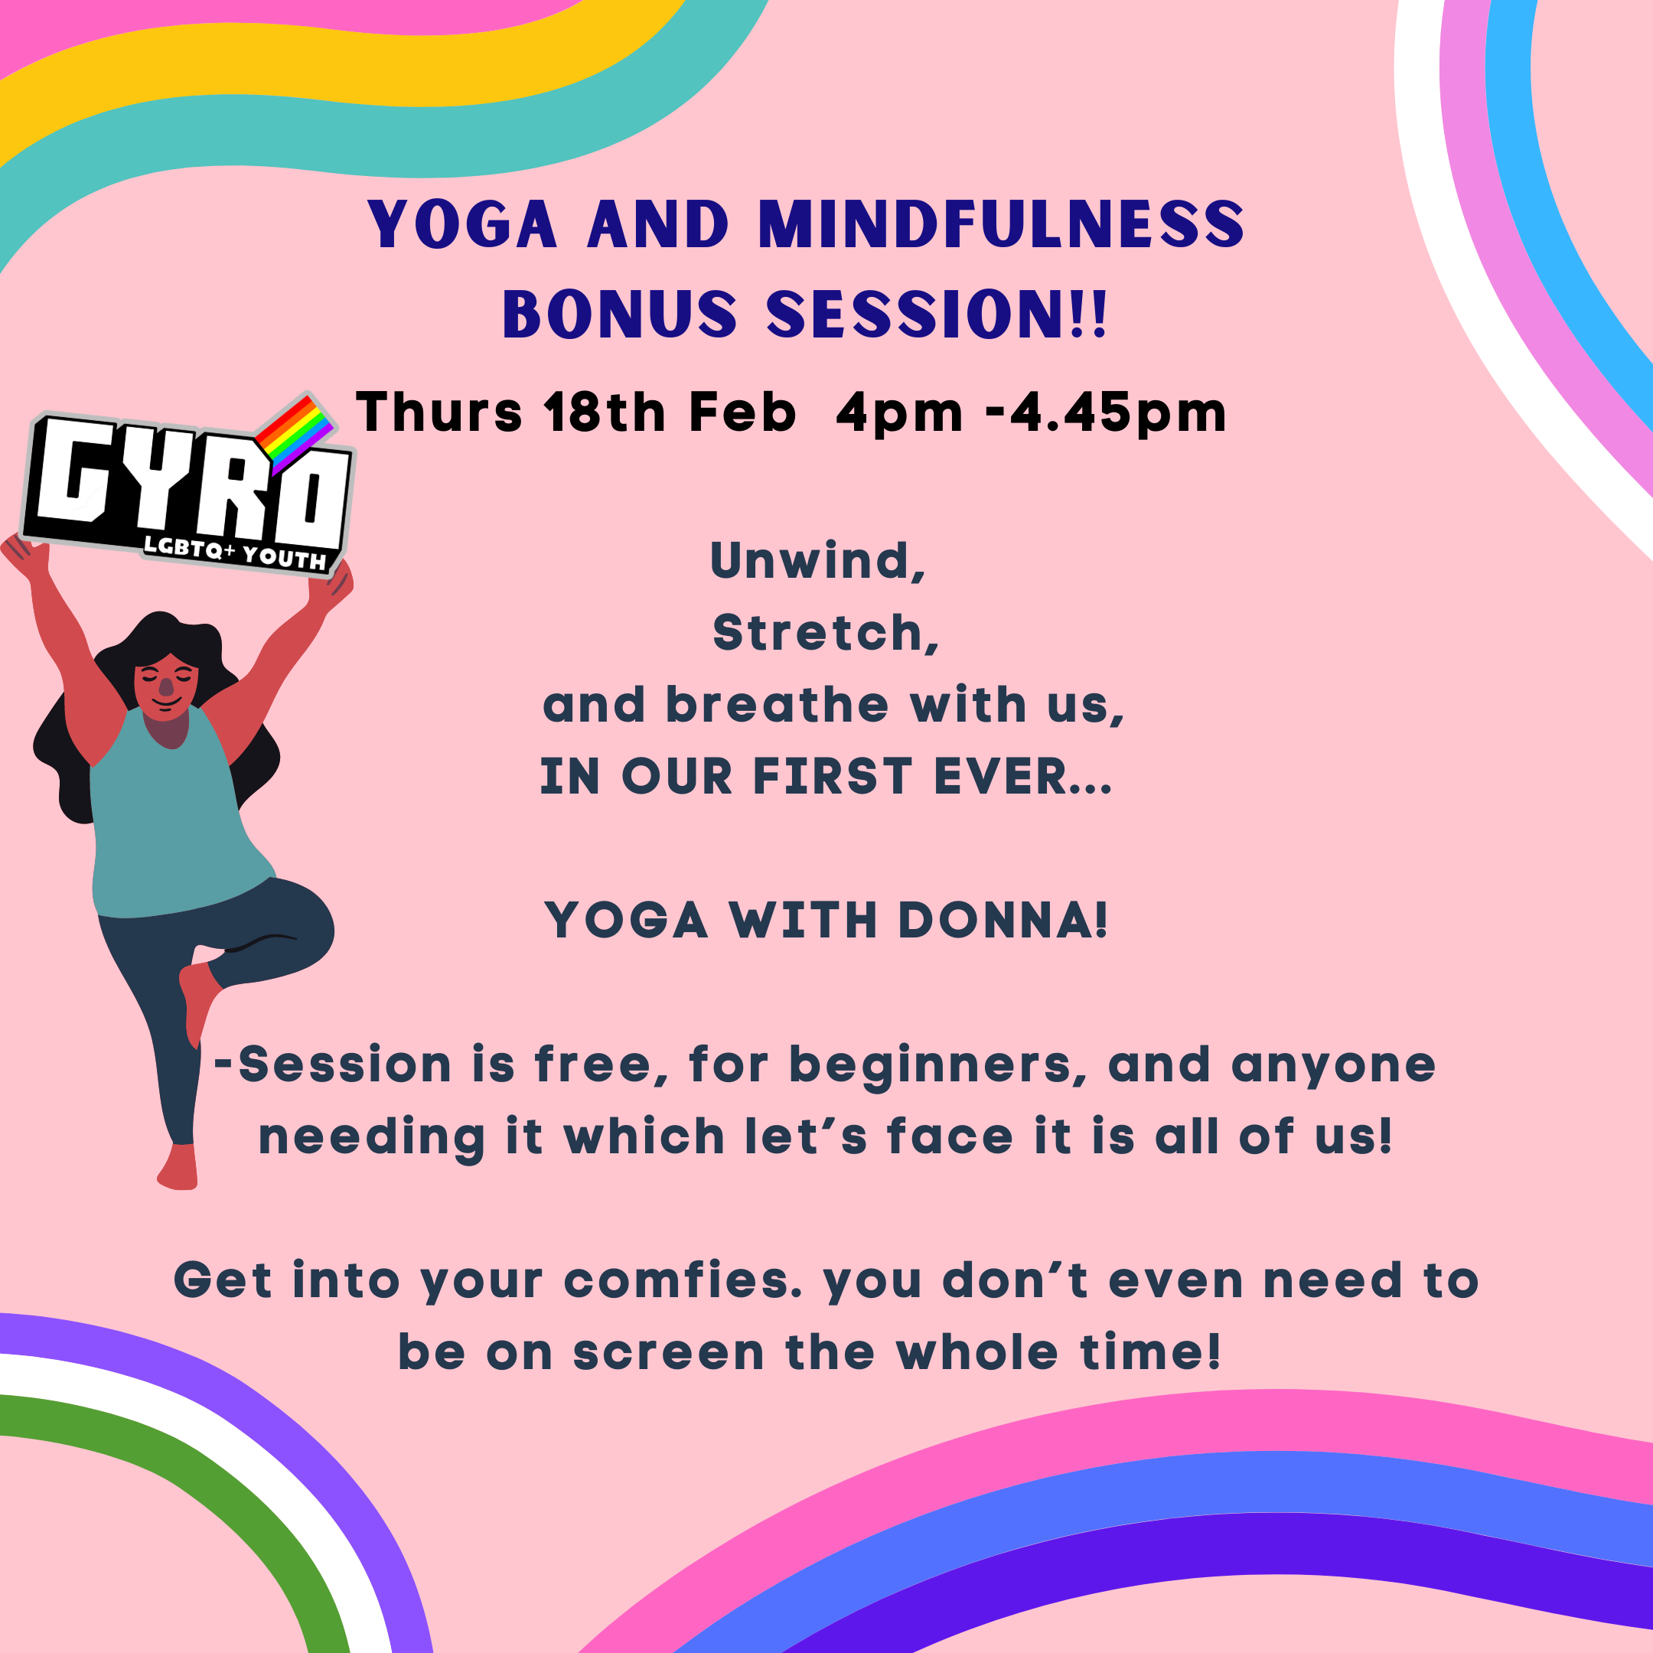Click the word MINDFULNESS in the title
(x=1001, y=225)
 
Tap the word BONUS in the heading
(x=619, y=314)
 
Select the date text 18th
(x=605, y=412)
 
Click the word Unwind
(x=818, y=560)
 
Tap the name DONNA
(x=1003, y=921)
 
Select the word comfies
(x=683, y=1280)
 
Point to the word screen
(x=668, y=1354)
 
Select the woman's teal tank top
(x=175, y=817)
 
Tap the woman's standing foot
(x=178, y=1167)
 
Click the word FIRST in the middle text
(x=833, y=777)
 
